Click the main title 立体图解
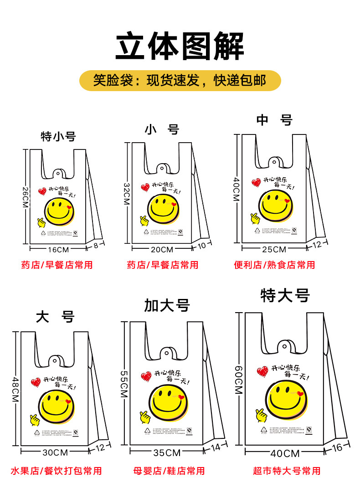pyautogui.click(x=180, y=46)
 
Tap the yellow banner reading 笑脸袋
pyautogui.click(x=180, y=81)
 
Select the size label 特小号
pyautogui.click(x=58, y=136)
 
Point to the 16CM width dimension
pyautogui.click(x=57, y=249)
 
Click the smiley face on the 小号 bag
pyautogui.click(x=163, y=209)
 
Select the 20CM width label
pyautogui.click(x=162, y=249)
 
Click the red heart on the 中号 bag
pyautogui.click(x=256, y=183)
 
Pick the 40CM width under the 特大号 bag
pyautogui.click(x=285, y=453)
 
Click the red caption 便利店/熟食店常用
pyautogui.click(x=274, y=265)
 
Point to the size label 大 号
pyautogui.click(x=55, y=317)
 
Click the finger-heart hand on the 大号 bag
pyautogui.click(x=35, y=419)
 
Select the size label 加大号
pyautogui.click(x=167, y=305)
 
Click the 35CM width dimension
pyautogui.click(x=167, y=453)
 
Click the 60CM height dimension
pyautogui.click(x=239, y=381)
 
